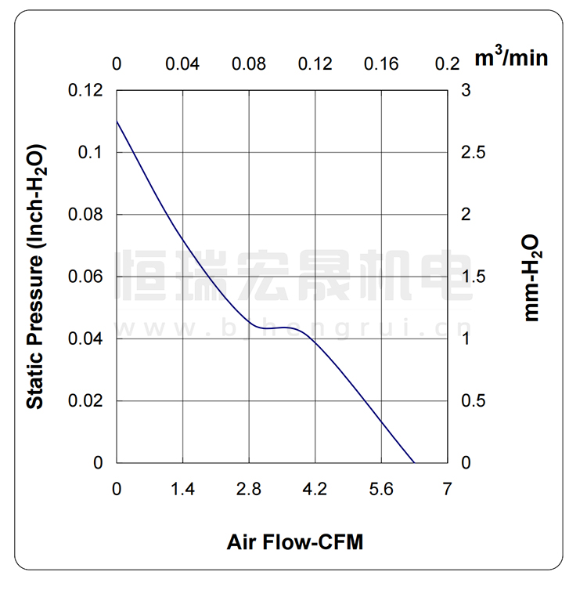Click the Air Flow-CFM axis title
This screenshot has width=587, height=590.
click(x=295, y=542)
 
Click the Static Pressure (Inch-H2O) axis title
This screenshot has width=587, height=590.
click(x=35, y=276)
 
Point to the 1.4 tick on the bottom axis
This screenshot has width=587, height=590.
click(x=183, y=490)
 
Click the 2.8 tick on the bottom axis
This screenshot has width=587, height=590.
click(x=249, y=490)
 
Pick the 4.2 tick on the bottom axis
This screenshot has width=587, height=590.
click(x=315, y=490)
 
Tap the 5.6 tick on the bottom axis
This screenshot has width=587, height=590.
click(x=381, y=490)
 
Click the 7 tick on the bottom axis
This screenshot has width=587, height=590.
click(x=447, y=490)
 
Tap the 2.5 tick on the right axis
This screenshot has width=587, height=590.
click(x=474, y=153)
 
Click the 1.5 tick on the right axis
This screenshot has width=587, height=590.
click(x=474, y=277)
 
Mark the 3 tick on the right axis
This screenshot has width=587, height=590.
click(x=466, y=91)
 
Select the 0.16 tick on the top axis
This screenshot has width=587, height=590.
click(x=381, y=63)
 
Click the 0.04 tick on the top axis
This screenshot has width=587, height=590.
click(x=183, y=63)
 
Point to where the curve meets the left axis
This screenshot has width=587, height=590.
click(x=117, y=121)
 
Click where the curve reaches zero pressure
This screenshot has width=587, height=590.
click(x=414, y=462)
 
